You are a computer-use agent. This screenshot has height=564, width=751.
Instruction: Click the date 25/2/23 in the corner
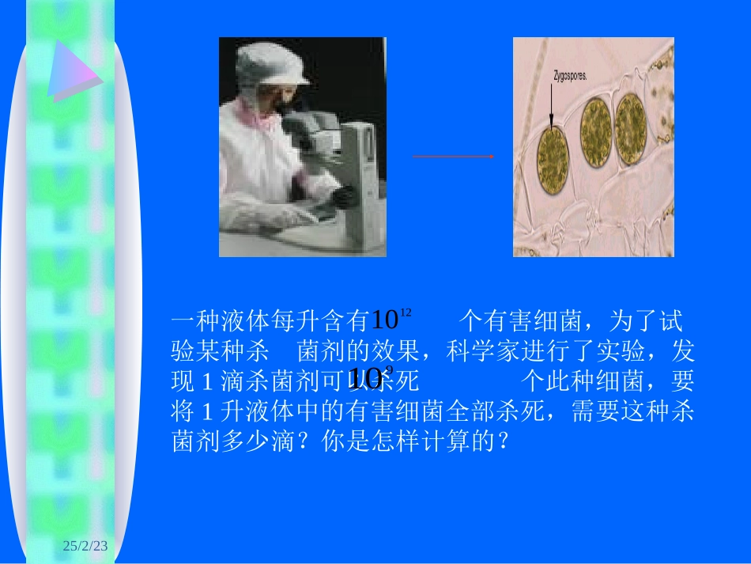pos(89,546)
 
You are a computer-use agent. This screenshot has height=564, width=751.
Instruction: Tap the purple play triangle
pos(71,70)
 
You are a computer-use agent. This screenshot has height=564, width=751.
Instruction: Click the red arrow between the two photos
pos(453,157)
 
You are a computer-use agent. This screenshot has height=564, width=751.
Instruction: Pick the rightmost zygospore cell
pos(631,130)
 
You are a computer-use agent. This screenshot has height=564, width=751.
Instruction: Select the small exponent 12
pos(406,313)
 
